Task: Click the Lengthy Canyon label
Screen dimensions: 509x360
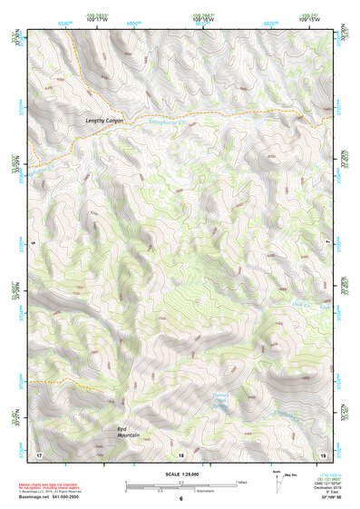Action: point(103,121)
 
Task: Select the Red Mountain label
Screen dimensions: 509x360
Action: point(128,431)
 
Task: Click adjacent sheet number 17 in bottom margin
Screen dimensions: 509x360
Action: point(39,454)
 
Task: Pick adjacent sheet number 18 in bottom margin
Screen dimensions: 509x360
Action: point(180,454)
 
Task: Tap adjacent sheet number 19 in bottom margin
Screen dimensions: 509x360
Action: point(322,454)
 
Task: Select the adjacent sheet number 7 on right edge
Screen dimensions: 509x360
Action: point(328,243)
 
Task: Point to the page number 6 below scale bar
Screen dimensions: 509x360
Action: point(180,498)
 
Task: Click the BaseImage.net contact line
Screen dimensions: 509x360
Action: point(55,497)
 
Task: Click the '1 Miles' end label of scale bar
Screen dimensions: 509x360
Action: point(239,482)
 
